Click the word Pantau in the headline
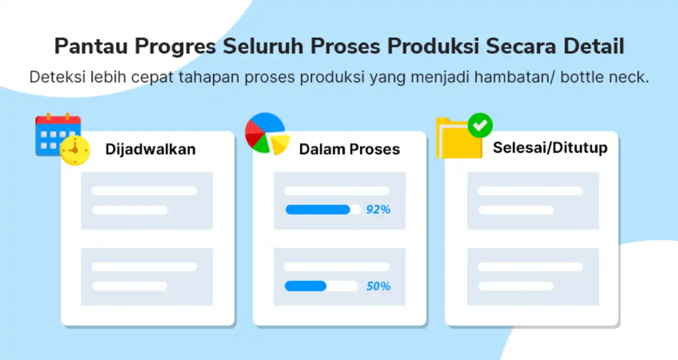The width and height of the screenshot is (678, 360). tap(91, 46)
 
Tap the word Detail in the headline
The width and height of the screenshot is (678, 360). tap(594, 46)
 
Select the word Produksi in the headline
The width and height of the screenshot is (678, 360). tap(433, 46)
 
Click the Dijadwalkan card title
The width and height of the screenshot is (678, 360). tap(150, 149)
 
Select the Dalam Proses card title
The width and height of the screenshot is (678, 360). tap(350, 149)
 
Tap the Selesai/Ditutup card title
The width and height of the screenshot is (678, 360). tap(550, 148)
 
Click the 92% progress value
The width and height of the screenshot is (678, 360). tap(378, 210)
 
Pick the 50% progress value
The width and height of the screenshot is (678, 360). tap(378, 286)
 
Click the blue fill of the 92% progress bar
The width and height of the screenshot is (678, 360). tap(318, 210)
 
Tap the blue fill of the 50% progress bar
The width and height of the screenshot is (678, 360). tap(306, 286)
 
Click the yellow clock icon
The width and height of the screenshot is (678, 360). tap(75, 150)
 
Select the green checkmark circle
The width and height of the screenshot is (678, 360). tap(480, 125)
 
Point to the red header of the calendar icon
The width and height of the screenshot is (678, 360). tap(58, 120)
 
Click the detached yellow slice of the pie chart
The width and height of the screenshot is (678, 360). tap(280, 144)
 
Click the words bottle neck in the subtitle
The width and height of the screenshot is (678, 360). tap(604, 77)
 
